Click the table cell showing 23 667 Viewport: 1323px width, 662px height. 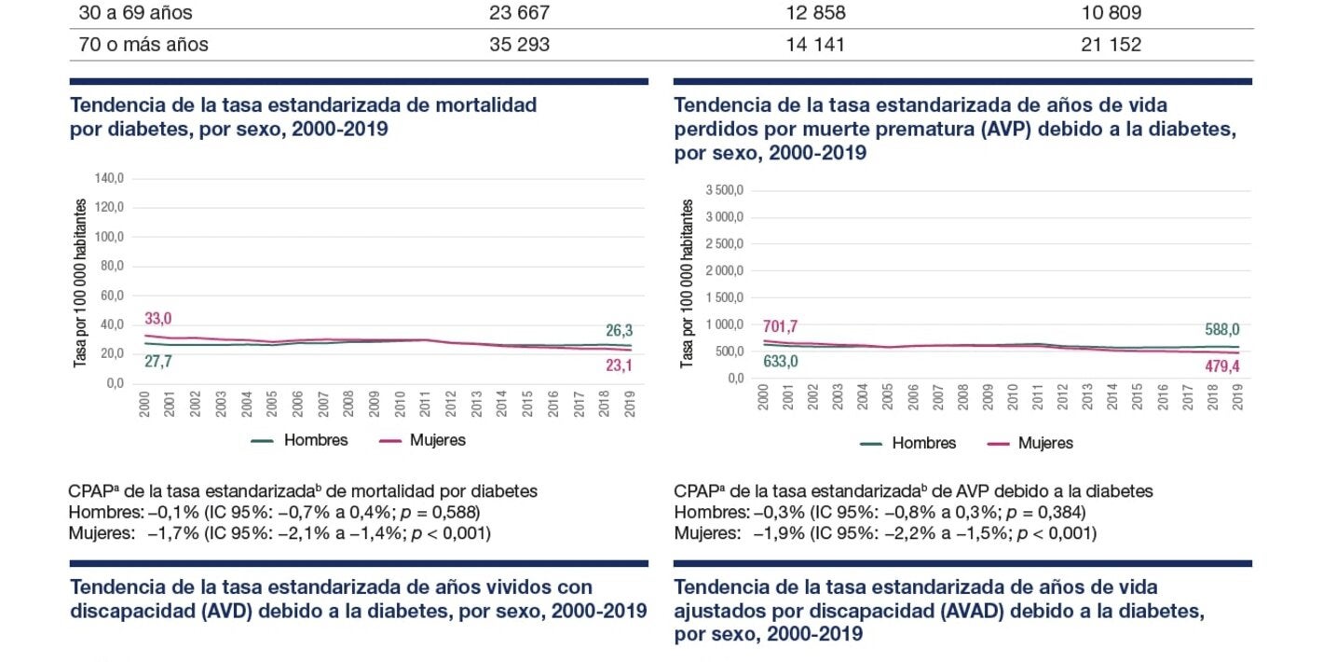(519, 13)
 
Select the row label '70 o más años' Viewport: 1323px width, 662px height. (143, 44)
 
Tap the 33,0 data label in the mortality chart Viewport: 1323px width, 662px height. (157, 319)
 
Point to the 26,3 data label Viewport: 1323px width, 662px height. (620, 330)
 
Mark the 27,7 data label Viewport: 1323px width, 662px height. (157, 361)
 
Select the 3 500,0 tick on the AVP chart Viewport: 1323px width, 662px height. (724, 190)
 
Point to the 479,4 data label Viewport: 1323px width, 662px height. (1220, 367)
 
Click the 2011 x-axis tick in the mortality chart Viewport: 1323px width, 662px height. (426, 402)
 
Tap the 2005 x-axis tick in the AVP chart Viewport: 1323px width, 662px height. (887, 396)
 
